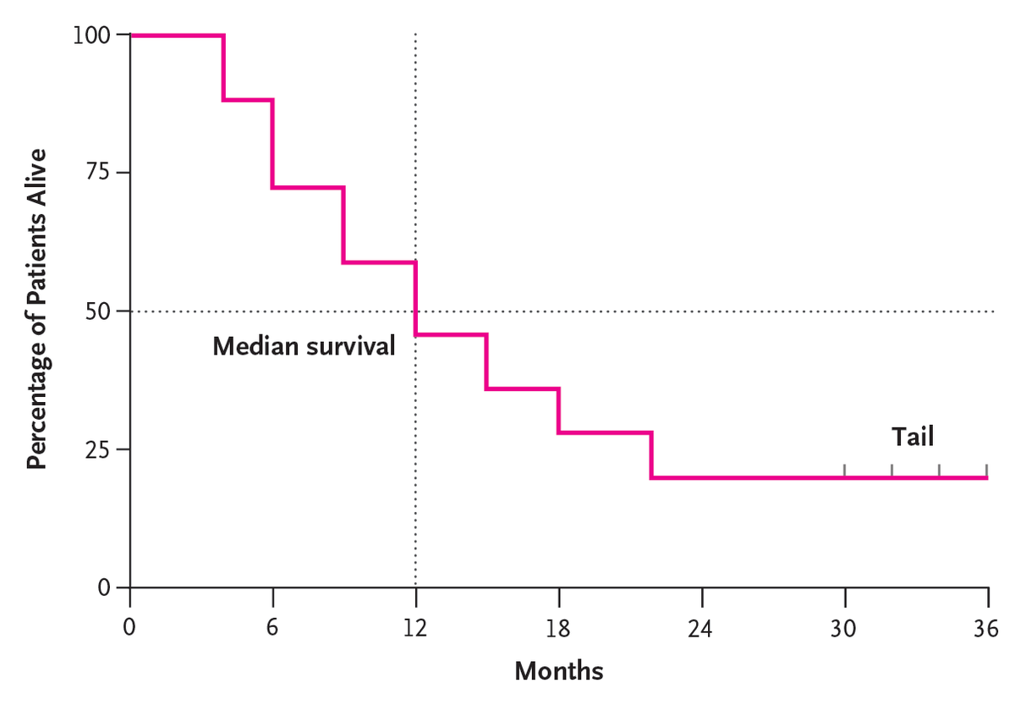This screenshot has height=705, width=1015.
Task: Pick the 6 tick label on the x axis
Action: [272, 629]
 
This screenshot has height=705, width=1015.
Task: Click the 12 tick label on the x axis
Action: [415, 629]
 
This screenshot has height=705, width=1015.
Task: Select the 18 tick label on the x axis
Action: [558, 629]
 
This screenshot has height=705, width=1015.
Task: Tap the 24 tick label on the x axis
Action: [701, 629]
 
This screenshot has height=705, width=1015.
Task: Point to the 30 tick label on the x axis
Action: [844, 629]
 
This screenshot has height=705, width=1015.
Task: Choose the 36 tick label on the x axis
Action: [986, 629]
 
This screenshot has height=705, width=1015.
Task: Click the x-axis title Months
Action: [558, 672]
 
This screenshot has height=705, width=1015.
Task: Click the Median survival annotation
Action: [304, 346]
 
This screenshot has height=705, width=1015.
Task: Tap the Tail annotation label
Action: [913, 437]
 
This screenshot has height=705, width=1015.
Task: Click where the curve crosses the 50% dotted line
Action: [415, 311]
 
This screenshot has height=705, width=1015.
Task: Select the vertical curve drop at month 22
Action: [651, 455]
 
